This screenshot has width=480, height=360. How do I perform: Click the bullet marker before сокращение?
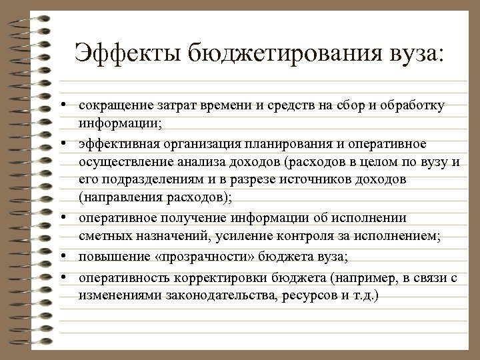point(69,106)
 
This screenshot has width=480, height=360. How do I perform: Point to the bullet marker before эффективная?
point(69,143)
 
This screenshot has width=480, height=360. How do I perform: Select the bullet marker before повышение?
point(69,257)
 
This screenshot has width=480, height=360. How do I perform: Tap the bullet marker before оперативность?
point(69,276)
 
